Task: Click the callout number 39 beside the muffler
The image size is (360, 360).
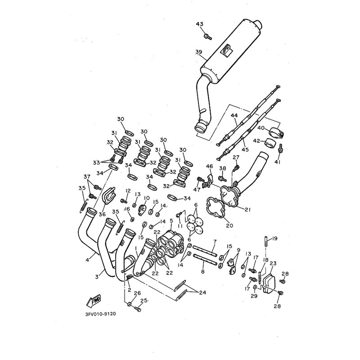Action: click(x=198, y=52)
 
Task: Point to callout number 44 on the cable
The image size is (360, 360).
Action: click(x=234, y=115)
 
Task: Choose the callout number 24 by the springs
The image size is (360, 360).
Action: click(x=202, y=292)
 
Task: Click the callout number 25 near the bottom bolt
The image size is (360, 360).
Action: click(x=144, y=301)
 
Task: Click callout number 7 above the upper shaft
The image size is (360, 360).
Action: click(x=215, y=242)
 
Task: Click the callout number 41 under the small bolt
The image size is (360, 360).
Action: click(x=277, y=162)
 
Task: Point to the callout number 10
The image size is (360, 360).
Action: click(x=146, y=198)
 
